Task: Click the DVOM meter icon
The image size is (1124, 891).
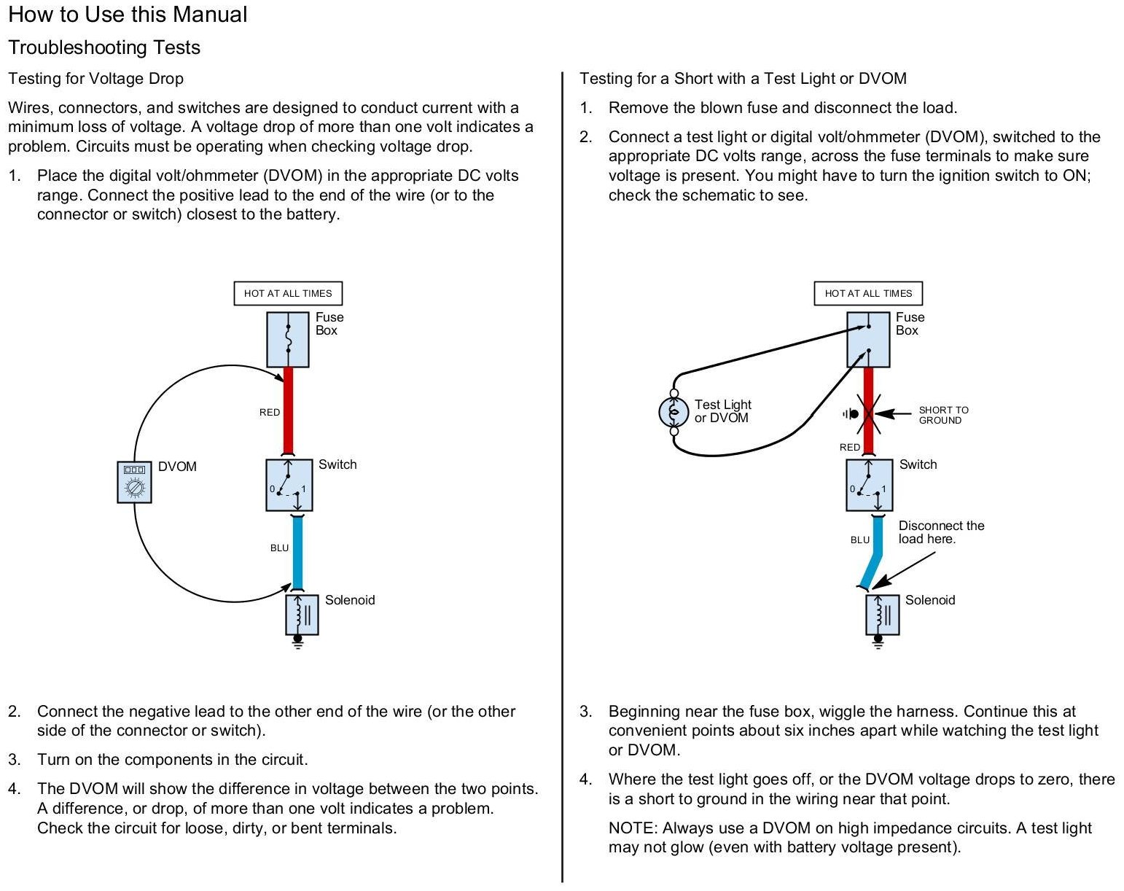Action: click(135, 482)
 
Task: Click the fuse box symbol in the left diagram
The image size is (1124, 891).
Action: click(288, 339)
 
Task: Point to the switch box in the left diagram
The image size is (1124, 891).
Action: click(289, 485)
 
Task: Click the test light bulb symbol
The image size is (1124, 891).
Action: click(674, 412)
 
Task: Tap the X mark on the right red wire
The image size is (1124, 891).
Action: click(868, 413)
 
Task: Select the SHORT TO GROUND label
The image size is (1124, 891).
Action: click(943, 415)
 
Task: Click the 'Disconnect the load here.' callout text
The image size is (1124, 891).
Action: click(940, 532)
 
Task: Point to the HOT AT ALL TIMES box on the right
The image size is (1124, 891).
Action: click(868, 293)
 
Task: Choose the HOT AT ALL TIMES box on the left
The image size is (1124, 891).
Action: click(288, 293)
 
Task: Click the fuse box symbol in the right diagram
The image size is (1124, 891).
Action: click(868, 339)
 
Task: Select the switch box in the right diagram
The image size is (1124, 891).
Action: click(869, 485)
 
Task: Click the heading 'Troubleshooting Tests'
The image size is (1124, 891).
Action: click(104, 47)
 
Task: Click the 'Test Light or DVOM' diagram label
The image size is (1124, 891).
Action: click(722, 411)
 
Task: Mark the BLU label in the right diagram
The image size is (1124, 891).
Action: click(860, 540)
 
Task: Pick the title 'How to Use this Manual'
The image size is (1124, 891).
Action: click(128, 15)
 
